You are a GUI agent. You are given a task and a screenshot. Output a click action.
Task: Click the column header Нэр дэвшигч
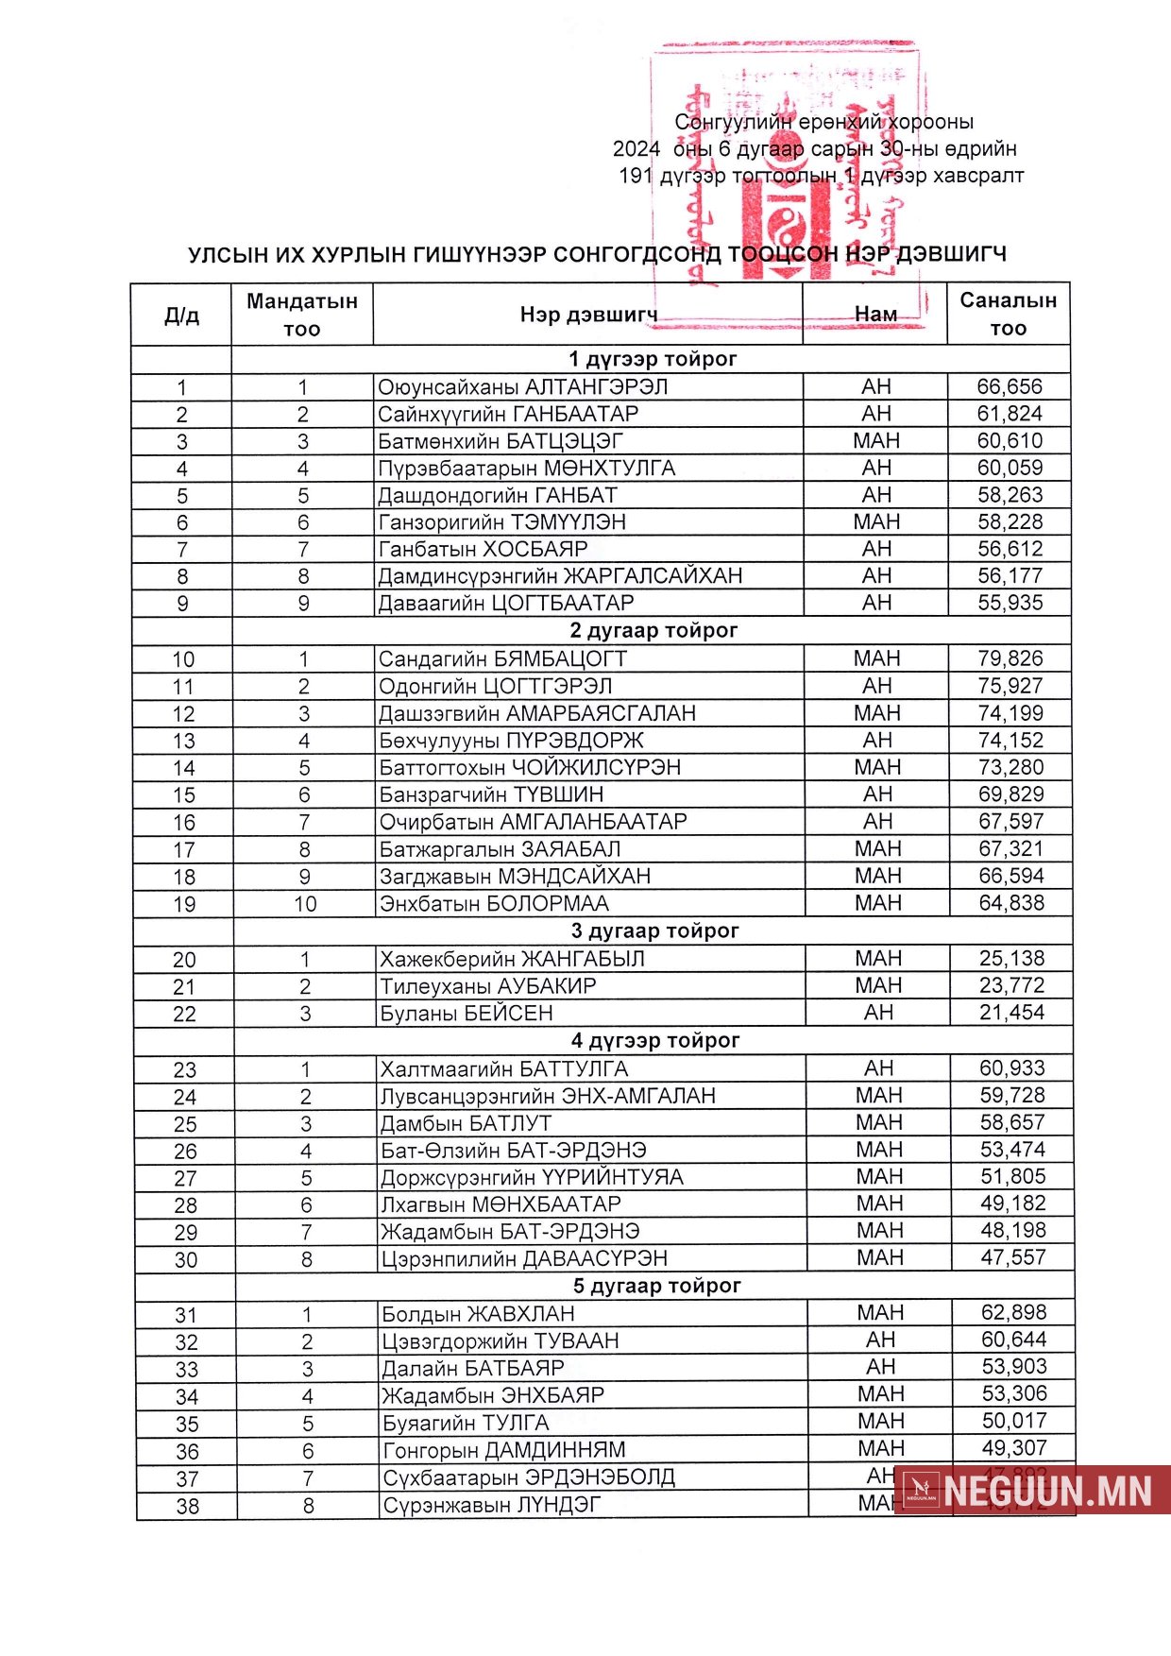coord(588,315)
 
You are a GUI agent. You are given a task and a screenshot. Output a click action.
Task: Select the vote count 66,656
coord(1010,386)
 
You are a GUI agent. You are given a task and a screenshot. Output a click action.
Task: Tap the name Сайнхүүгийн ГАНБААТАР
coord(508,414)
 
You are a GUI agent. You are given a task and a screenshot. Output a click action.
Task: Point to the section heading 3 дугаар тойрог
coord(654,930)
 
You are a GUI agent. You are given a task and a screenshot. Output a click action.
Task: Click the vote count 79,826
coord(1010,658)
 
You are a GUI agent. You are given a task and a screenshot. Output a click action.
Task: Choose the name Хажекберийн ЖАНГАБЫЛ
coord(512,959)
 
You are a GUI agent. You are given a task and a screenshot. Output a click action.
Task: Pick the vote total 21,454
coord(1011,1013)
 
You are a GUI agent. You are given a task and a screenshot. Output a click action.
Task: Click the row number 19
coord(184,904)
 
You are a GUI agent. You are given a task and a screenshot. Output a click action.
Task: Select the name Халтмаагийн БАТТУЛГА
coord(503,1069)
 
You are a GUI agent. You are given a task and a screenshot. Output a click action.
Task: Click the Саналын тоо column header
coord(1008,314)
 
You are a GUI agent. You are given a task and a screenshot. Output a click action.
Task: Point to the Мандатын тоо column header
coord(302,315)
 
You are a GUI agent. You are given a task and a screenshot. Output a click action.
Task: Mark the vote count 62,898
coord(1013,1312)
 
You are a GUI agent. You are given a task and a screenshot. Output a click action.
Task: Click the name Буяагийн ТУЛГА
coord(466,1423)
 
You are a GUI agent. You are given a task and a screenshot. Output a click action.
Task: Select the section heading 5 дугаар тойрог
coord(656,1286)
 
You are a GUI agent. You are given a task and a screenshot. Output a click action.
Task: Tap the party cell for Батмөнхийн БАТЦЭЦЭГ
coord(876,441)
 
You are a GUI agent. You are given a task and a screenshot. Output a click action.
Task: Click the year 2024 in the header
coord(636,148)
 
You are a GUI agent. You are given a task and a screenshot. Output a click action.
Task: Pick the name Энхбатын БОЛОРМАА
coord(494,904)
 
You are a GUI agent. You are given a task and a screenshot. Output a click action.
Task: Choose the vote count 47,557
coord(1012,1257)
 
